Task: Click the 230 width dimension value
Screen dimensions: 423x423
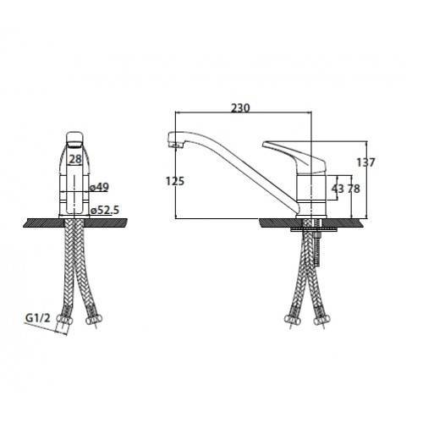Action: [x=240, y=107]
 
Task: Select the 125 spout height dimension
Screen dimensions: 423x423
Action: [x=175, y=181]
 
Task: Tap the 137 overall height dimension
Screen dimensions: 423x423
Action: [x=366, y=162]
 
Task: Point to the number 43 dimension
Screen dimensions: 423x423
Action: [x=338, y=189]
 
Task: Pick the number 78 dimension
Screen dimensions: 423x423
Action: [x=354, y=189]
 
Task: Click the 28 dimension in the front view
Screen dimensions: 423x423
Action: [x=75, y=159]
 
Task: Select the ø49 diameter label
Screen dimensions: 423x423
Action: [x=99, y=187]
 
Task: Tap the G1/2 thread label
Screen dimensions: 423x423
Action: [x=38, y=318]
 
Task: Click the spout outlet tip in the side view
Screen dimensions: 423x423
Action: [x=176, y=145]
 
